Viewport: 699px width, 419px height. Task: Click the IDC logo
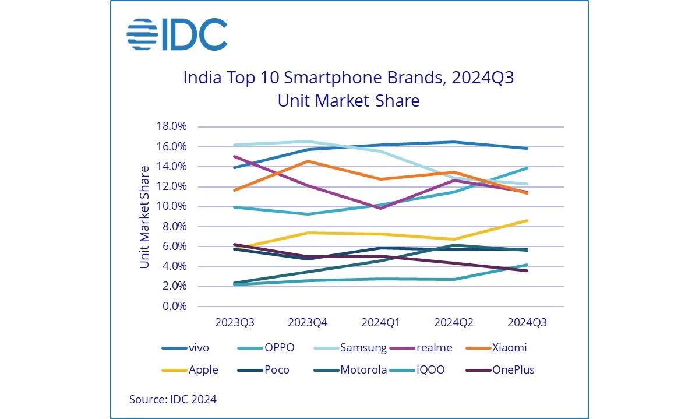point(176,34)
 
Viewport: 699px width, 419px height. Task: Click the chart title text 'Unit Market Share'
point(348,100)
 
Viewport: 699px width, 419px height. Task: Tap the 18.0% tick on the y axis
point(171,126)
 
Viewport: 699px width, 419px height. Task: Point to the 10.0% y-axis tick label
point(171,207)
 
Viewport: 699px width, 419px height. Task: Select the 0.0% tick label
point(174,307)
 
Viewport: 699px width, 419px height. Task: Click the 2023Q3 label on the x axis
point(235,322)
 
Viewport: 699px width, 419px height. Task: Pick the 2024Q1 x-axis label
point(381,322)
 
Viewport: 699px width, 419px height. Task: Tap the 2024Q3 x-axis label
point(527,322)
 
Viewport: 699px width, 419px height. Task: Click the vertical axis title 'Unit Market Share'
point(144,217)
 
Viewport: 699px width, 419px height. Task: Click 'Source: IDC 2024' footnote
point(173,399)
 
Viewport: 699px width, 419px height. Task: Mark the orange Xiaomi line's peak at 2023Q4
point(308,161)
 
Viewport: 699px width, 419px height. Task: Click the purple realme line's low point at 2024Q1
point(381,208)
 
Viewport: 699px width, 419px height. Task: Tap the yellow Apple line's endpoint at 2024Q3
point(527,220)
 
